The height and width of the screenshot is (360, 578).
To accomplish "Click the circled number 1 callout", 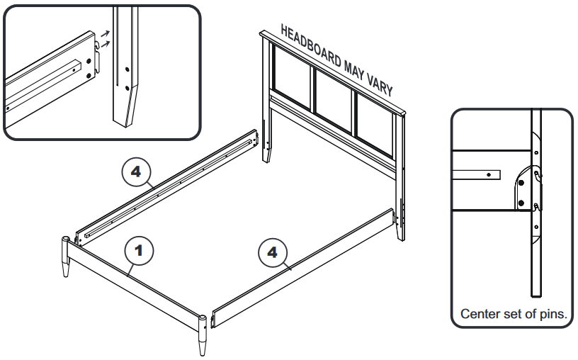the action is pos(140,250).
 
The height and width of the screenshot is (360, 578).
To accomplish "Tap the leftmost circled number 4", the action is pos(136,170).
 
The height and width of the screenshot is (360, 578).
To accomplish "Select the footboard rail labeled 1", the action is pos(135,284).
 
